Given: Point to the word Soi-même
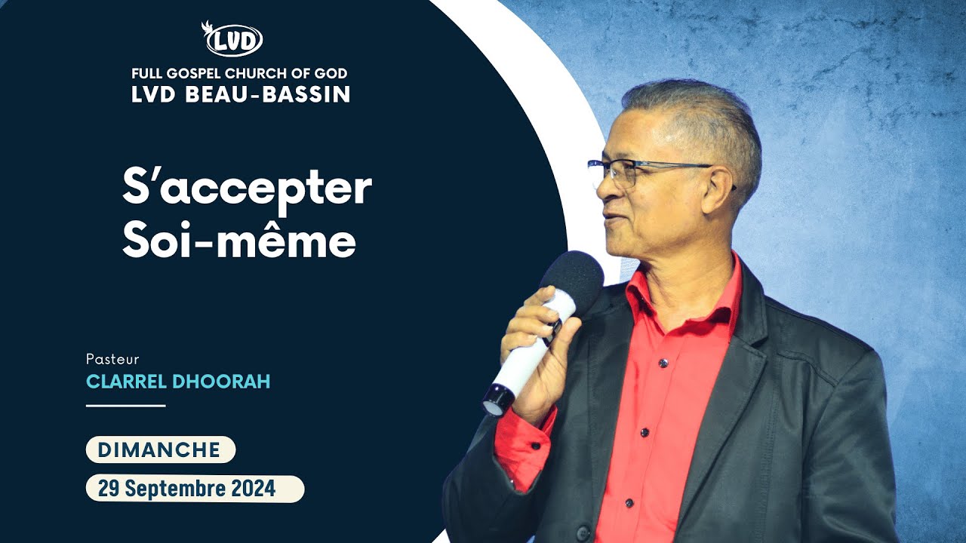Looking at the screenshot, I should [238, 241].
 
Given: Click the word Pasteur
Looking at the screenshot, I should [112, 360].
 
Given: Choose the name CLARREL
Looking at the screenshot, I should [127, 382].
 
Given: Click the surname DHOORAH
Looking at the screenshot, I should [221, 382].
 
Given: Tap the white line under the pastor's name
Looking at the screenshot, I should [125, 406].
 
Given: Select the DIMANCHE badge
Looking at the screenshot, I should [160, 450].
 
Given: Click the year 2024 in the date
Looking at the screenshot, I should [253, 489].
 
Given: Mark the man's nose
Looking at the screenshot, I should [604, 191].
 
